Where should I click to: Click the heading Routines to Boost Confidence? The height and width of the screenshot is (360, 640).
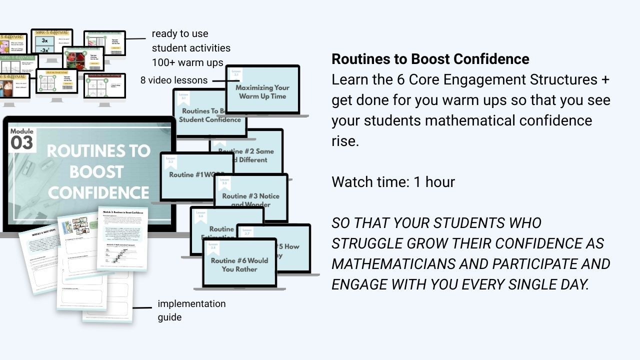coord(430,59)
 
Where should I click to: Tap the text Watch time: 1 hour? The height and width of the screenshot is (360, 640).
coord(393,182)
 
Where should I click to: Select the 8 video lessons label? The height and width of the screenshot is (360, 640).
coord(174,80)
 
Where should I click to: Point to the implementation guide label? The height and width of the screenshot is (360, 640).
coord(191,310)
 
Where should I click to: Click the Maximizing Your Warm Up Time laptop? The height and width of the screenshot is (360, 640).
coord(262,90)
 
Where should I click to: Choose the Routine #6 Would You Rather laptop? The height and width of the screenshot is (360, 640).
coord(239,263)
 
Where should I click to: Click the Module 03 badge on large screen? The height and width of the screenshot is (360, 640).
coord(22,139)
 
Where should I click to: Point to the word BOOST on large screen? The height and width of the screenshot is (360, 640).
coord(96,172)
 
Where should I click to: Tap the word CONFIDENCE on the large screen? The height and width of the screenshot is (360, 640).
coord(98,193)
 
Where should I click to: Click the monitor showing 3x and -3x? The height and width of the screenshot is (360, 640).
coord(51,44)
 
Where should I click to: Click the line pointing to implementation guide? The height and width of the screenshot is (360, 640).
coord(142,308)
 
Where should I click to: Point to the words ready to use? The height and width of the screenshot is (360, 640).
coord(180,34)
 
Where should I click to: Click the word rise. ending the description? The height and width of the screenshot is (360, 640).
coord(345,141)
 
